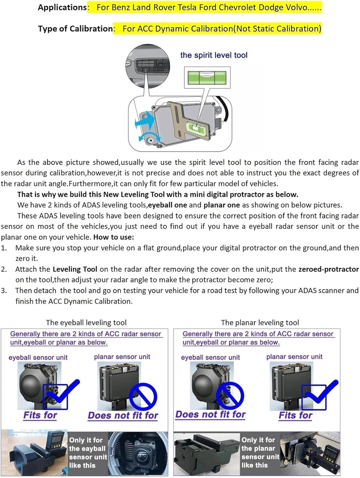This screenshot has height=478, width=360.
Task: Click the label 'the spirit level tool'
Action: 213,55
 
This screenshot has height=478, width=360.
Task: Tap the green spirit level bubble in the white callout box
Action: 207,77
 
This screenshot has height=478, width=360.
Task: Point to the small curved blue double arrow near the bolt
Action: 145,137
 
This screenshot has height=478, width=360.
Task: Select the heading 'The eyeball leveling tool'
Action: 86,322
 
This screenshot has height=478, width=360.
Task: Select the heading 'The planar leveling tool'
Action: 260,322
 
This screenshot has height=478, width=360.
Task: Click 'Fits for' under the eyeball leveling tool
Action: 40,415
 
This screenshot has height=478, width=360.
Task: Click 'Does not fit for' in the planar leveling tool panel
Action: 210,415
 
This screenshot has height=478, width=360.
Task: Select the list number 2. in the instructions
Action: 4,269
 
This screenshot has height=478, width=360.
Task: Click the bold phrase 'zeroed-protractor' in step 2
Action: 328,269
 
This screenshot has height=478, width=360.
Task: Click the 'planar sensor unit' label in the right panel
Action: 294,357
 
